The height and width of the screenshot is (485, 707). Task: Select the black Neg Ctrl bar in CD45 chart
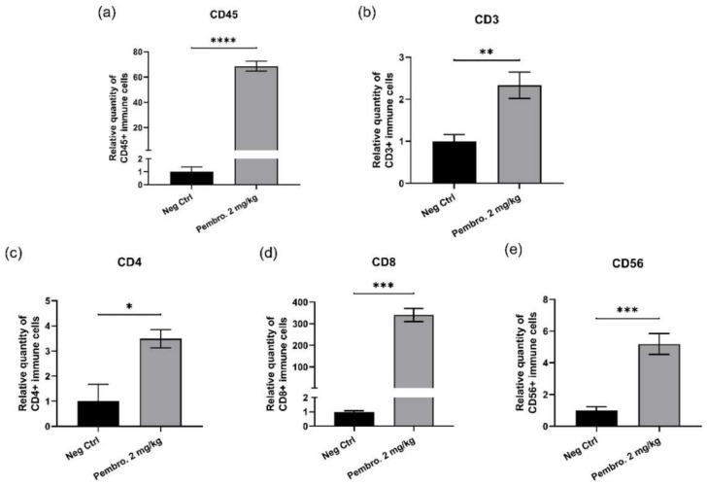[191, 177]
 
